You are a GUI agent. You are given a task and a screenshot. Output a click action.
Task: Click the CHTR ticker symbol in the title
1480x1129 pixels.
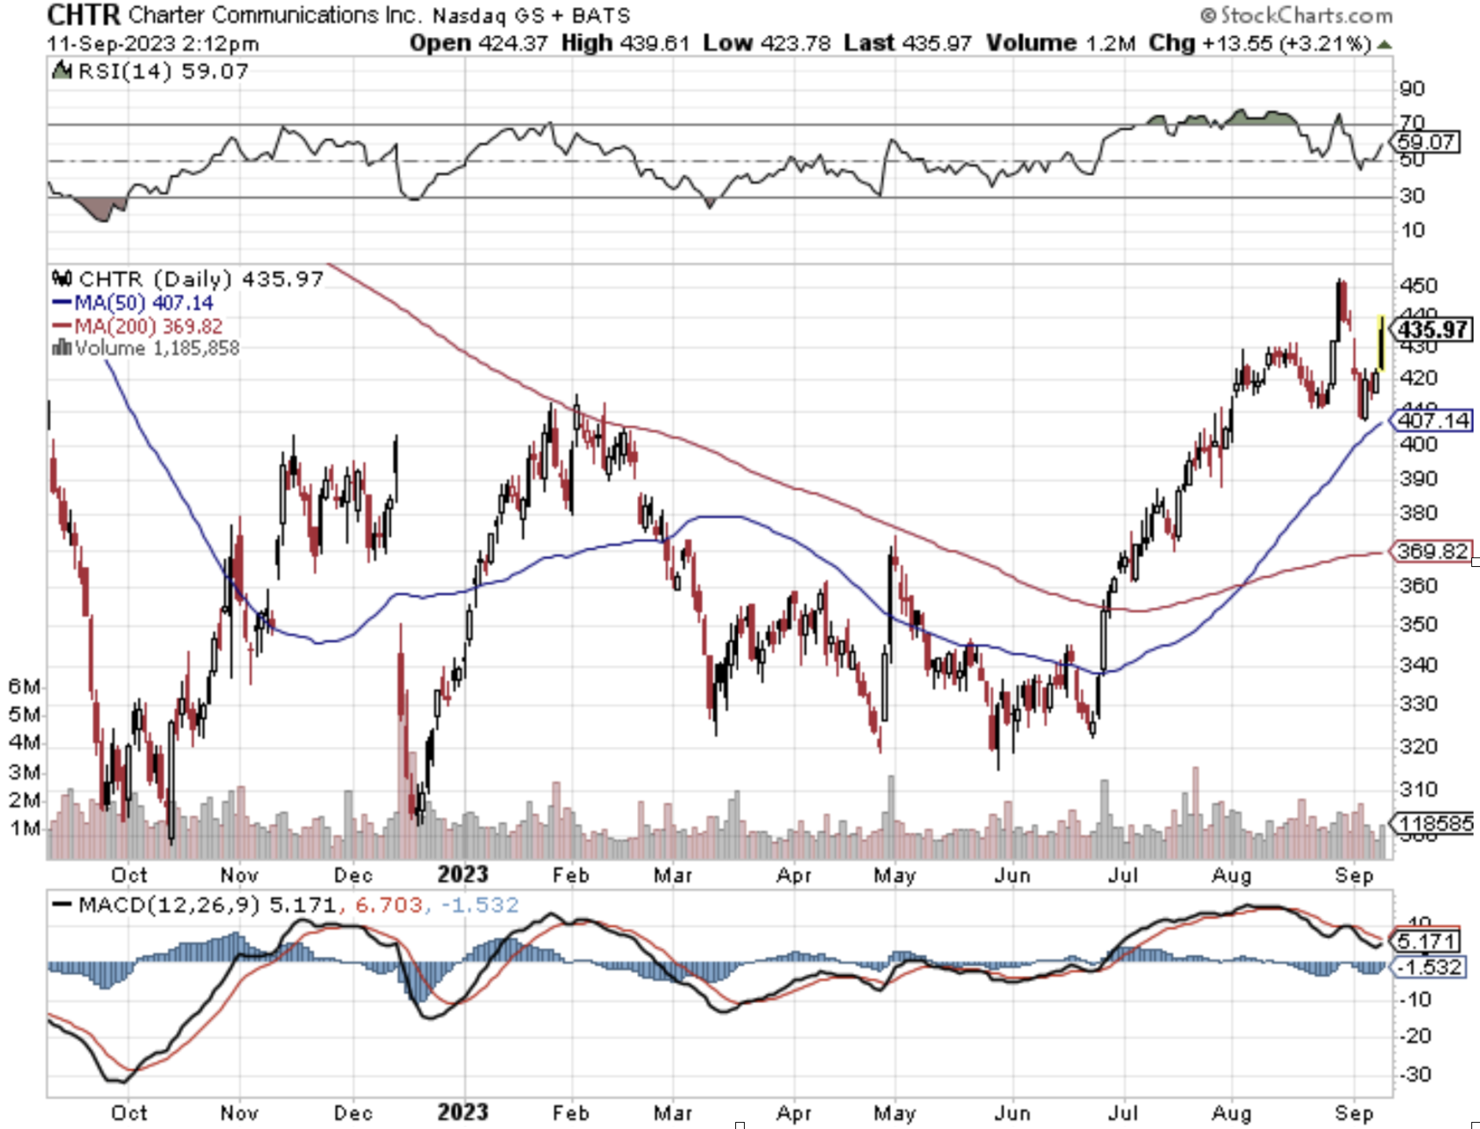83,14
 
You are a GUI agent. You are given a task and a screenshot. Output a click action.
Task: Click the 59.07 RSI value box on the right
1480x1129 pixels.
1426,142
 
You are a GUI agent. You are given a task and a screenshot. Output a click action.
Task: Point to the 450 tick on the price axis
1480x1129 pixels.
1418,285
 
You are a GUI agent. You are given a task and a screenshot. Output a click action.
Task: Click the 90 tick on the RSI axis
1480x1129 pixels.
1412,88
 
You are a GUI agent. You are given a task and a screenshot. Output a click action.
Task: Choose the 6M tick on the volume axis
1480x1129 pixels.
24,686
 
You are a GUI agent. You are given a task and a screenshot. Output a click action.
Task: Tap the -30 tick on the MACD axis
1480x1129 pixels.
1416,1074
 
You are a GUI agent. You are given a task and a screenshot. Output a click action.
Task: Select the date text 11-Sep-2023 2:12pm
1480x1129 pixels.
153,43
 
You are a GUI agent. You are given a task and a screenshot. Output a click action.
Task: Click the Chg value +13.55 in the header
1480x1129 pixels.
1236,43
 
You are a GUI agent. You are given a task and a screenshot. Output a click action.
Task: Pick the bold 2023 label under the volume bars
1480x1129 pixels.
462,874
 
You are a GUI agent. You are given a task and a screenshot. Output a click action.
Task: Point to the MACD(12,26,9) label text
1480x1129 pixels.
168,905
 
